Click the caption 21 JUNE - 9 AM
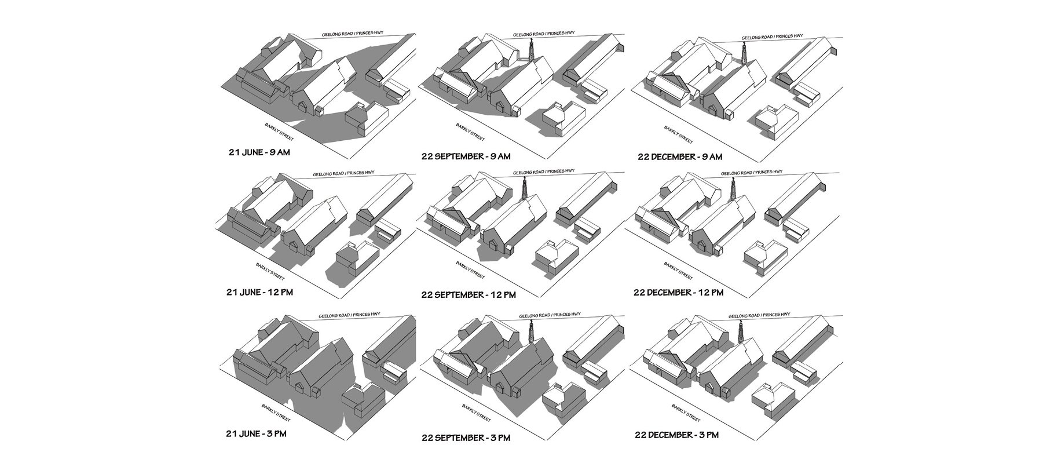pyautogui.click(x=259, y=153)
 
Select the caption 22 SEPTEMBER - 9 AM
pyautogui.click(x=466, y=156)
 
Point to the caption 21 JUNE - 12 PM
pyautogui.click(x=260, y=292)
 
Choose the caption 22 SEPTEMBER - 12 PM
pyautogui.click(x=469, y=295)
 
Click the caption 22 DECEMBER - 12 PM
pyautogui.click(x=678, y=293)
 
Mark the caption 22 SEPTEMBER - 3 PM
pyautogui.click(x=466, y=437)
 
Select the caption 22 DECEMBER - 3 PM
pyautogui.click(x=676, y=435)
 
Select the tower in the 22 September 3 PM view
pyautogui.click(x=531, y=331)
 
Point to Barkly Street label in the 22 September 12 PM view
pyautogui.click(x=470, y=269)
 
